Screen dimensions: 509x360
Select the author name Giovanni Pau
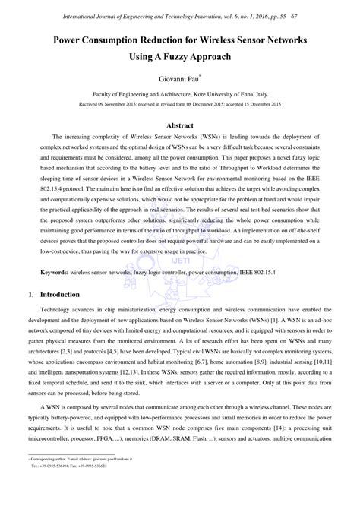[x=179, y=78]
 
